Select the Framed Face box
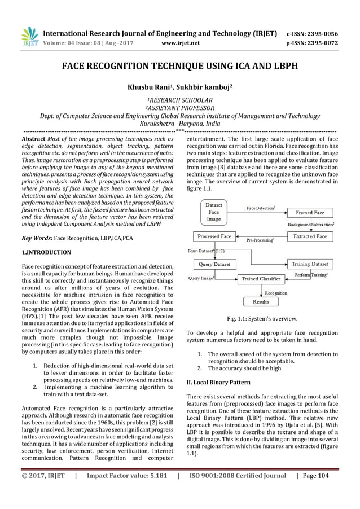pos(310,213)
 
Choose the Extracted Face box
pos(310,236)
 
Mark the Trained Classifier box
pos(261,279)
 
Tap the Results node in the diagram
pos(261,302)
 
